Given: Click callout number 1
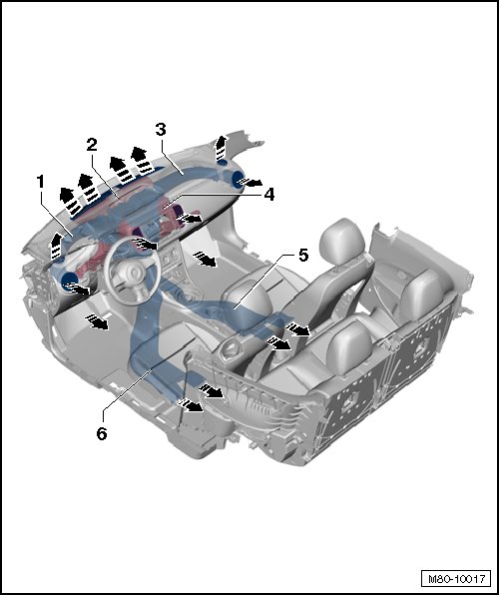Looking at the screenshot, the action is point(40,182).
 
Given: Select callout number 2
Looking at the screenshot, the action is point(92,145).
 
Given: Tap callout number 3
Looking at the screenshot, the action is point(161,130).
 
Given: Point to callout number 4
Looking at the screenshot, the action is point(268,195).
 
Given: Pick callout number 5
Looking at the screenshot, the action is point(303,256).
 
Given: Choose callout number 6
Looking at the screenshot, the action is point(102,433).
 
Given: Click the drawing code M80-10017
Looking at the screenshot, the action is point(456,579).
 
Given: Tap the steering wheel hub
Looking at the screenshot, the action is point(133,273).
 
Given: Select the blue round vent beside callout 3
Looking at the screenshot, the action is point(239,179).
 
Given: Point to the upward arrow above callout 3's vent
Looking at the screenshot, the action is point(221,147).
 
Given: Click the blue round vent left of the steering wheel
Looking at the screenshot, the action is point(70,281).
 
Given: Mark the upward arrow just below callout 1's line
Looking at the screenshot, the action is point(56,246).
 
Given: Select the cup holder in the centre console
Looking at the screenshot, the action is point(230,347).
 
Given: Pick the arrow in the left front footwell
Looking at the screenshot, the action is point(97,321).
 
